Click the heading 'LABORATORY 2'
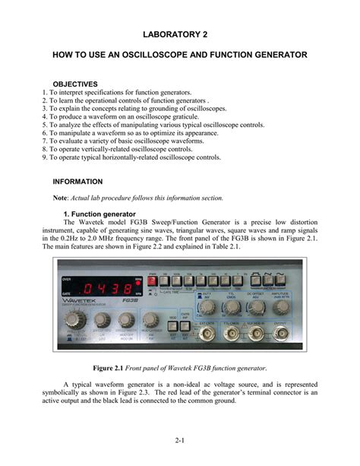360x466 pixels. point(180,35)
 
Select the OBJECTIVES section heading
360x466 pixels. point(75,83)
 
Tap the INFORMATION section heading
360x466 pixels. point(77,182)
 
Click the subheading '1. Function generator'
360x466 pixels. point(99,214)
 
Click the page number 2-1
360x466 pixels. point(180,440)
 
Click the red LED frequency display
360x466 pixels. point(106,288)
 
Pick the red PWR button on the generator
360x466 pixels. point(153,281)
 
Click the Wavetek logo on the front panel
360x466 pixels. point(86,303)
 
